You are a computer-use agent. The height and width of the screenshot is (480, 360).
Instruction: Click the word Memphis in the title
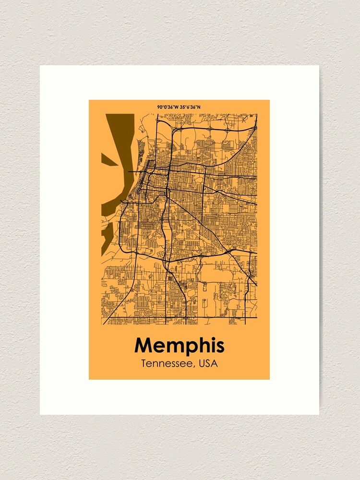click(179, 346)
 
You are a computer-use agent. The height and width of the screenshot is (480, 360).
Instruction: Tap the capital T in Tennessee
click(144, 363)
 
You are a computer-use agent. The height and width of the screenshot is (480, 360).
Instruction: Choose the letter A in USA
click(214, 363)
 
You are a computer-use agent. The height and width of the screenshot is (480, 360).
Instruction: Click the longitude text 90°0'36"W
click(167, 107)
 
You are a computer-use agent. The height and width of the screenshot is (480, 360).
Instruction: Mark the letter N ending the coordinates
click(199, 107)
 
